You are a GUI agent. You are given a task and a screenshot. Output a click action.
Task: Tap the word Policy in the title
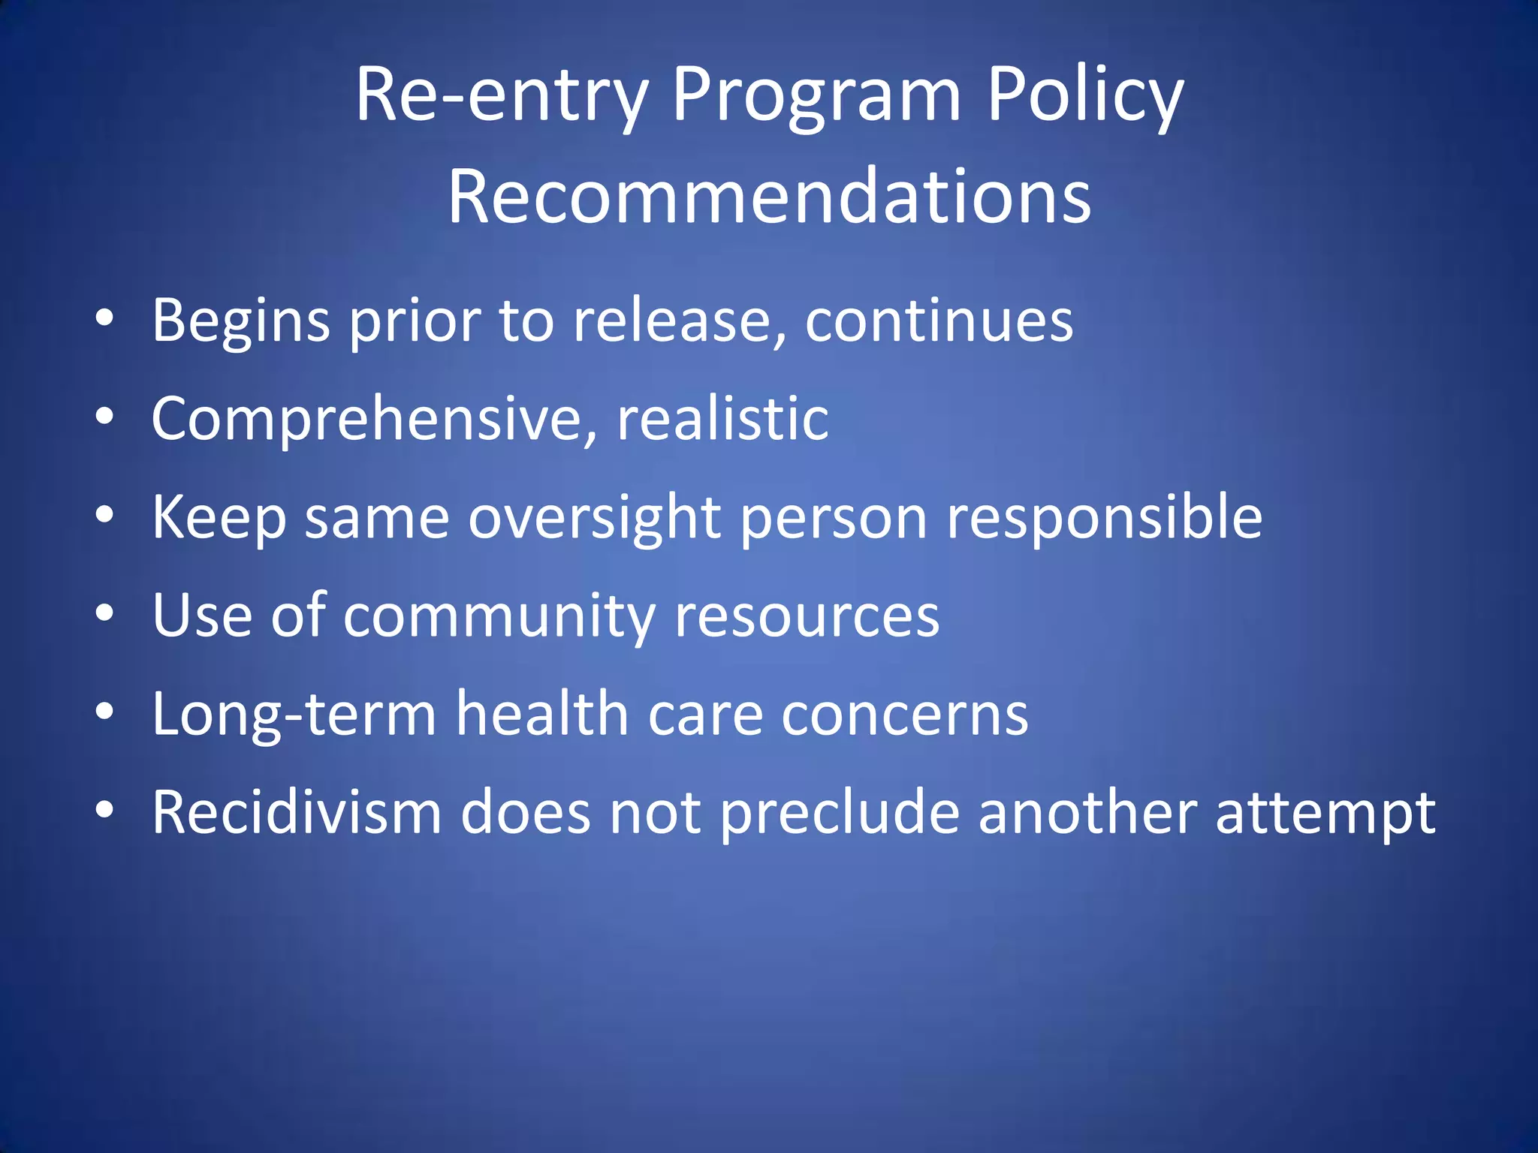point(1084,96)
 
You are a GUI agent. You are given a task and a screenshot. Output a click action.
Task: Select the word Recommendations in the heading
point(769,197)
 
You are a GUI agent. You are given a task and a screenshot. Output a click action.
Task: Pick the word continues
point(939,321)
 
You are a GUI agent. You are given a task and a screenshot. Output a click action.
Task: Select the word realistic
point(722,419)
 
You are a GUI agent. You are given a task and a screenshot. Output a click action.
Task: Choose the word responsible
point(1104,518)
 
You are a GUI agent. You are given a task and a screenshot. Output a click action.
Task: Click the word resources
point(807,616)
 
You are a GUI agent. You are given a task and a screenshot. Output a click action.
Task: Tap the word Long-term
point(294,715)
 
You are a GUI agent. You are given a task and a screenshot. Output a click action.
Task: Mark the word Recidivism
point(297,813)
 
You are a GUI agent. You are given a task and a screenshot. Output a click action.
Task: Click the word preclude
point(840,813)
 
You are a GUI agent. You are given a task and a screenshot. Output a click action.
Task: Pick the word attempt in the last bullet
point(1325,813)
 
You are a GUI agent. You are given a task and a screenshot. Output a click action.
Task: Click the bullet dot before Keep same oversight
point(104,515)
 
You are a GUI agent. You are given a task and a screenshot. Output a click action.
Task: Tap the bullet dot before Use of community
point(104,613)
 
